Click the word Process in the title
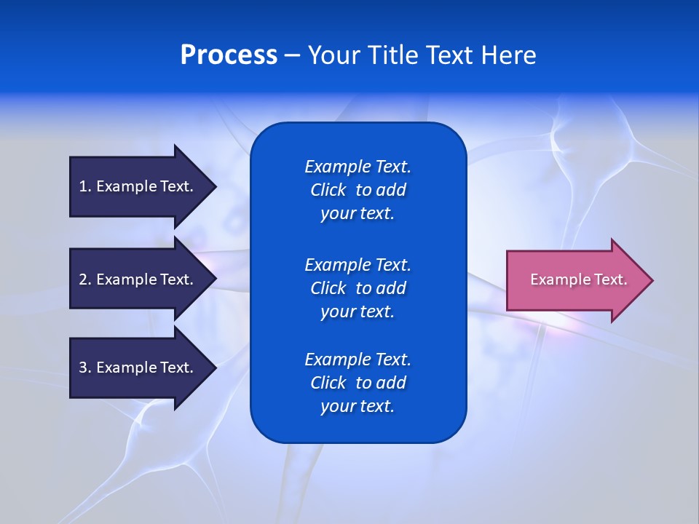coord(229,55)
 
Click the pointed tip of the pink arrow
coord(649,280)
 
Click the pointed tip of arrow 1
coord(213,186)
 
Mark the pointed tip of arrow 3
coord(213,368)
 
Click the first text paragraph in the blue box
coord(358,190)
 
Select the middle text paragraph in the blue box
coord(358,288)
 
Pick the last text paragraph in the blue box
coord(358,383)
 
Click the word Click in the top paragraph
coord(328,190)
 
